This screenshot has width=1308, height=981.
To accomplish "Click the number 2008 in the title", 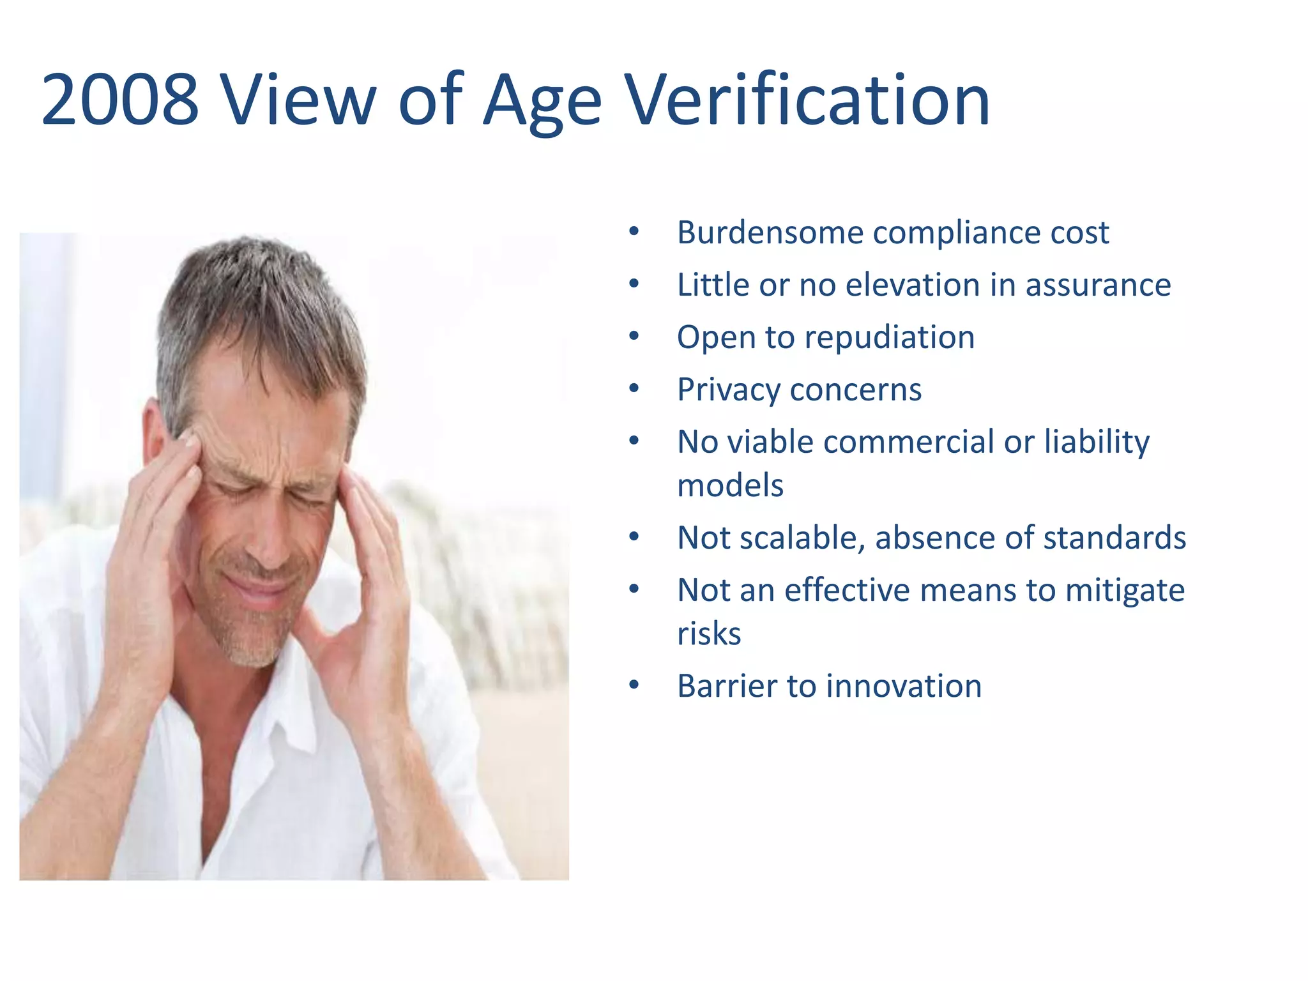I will pos(120,100).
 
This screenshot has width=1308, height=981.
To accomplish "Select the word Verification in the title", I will pos(807,100).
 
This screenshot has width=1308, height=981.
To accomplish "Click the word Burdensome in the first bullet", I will pos(770,232).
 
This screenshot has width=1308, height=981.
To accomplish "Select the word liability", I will pos(1097,443).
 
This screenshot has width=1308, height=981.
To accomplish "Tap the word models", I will pos(730,486).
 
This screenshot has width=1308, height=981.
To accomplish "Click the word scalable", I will pos(802,538).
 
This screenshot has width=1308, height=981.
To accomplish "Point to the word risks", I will pos(709,634).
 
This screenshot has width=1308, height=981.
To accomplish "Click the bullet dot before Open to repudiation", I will pos(634,337).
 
